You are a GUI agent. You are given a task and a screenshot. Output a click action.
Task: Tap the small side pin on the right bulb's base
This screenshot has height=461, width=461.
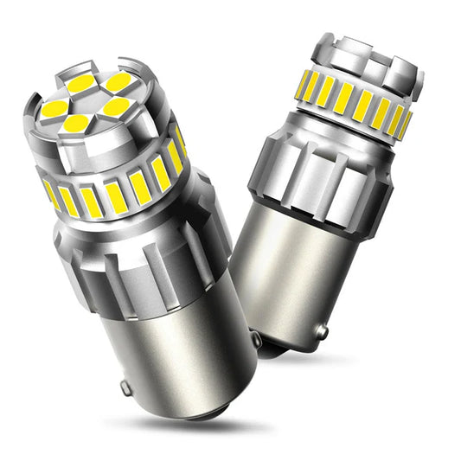click(x=322, y=331)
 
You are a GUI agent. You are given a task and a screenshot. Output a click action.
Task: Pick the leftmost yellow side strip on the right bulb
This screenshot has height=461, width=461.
click(x=304, y=84)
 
